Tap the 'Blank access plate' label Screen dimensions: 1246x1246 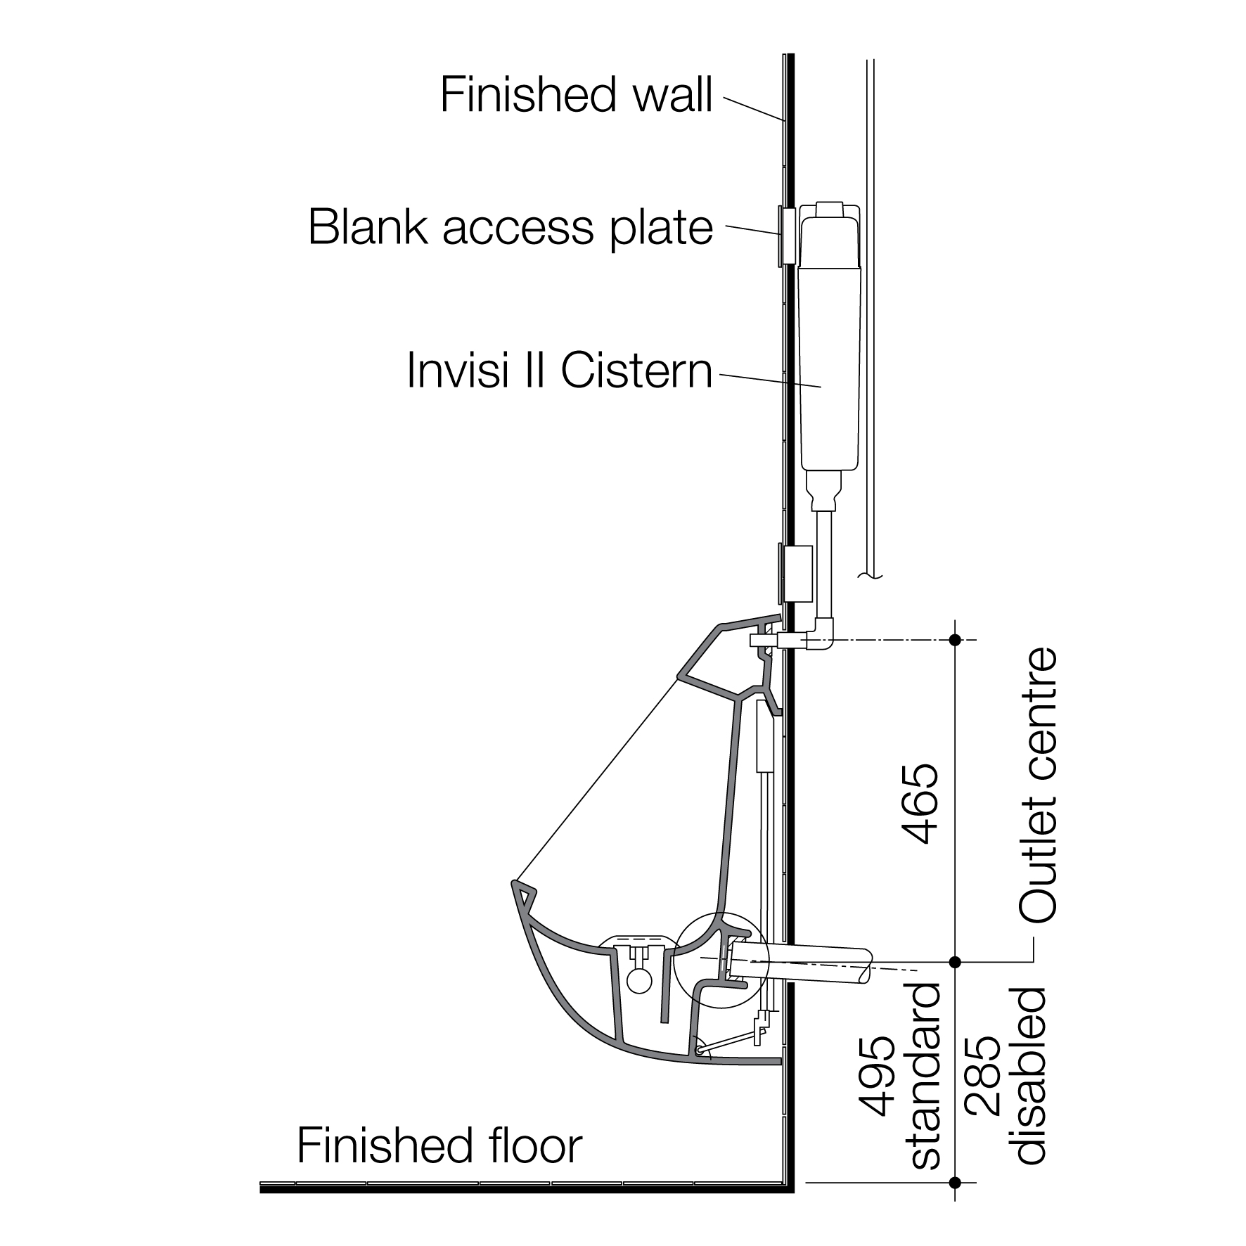tap(510, 227)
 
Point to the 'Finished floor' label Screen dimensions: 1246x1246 tap(439, 1145)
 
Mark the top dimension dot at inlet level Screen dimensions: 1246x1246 tap(954, 640)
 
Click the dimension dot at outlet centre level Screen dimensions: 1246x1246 tap(954, 961)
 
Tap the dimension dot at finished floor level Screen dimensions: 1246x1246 tap(954, 1183)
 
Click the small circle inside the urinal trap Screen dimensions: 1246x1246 tap(639, 981)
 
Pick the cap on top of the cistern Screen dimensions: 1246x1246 tap(830, 210)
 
